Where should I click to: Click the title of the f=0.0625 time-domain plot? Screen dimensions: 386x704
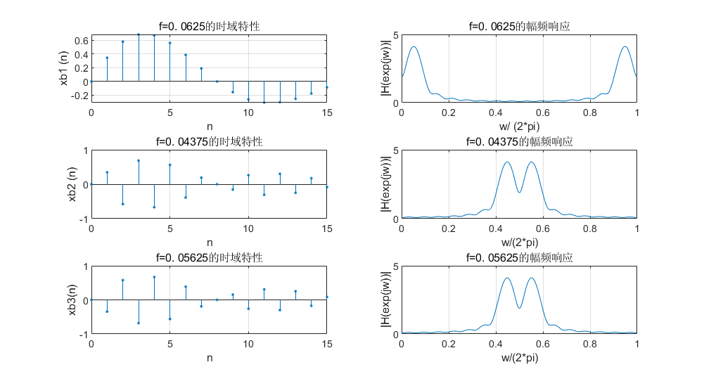(209, 27)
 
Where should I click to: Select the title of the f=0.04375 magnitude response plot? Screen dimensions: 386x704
(519, 142)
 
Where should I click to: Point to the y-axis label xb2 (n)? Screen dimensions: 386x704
(72, 185)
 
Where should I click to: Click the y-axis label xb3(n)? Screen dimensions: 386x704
(72, 300)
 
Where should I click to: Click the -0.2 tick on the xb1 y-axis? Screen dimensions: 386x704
(79, 95)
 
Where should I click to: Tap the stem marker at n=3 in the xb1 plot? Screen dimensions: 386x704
(139, 34)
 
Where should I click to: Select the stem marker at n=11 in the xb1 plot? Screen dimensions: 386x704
(264, 102)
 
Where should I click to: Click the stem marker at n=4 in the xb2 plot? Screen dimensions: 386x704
(154, 207)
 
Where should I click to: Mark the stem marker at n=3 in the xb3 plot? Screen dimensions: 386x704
(139, 323)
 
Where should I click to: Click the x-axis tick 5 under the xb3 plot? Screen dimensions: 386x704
(169, 345)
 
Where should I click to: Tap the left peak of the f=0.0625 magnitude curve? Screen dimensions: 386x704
(414, 47)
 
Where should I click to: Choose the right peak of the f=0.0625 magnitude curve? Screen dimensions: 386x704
(625, 47)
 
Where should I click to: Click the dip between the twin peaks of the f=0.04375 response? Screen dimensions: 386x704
(519, 193)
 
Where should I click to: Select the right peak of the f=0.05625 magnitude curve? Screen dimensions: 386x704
(531, 278)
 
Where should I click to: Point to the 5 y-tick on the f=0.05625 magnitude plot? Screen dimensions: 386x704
(395, 266)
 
